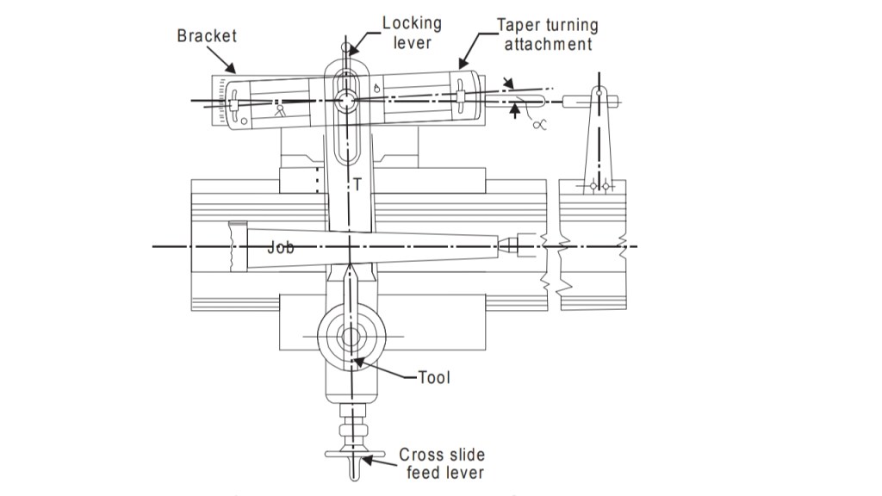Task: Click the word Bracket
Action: click(x=207, y=36)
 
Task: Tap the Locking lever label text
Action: click(x=412, y=33)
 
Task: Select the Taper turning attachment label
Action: click(x=548, y=34)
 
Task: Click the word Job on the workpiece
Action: click(x=281, y=248)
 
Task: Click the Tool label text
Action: click(x=434, y=377)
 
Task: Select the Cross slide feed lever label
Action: click(x=441, y=463)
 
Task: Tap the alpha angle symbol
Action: click(x=539, y=124)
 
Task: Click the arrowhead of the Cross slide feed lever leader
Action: click(x=365, y=462)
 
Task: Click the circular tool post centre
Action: click(x=351, y=336)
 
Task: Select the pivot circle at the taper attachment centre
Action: click(x=346, y=100)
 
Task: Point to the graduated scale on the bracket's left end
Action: click(x=224, y=102)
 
